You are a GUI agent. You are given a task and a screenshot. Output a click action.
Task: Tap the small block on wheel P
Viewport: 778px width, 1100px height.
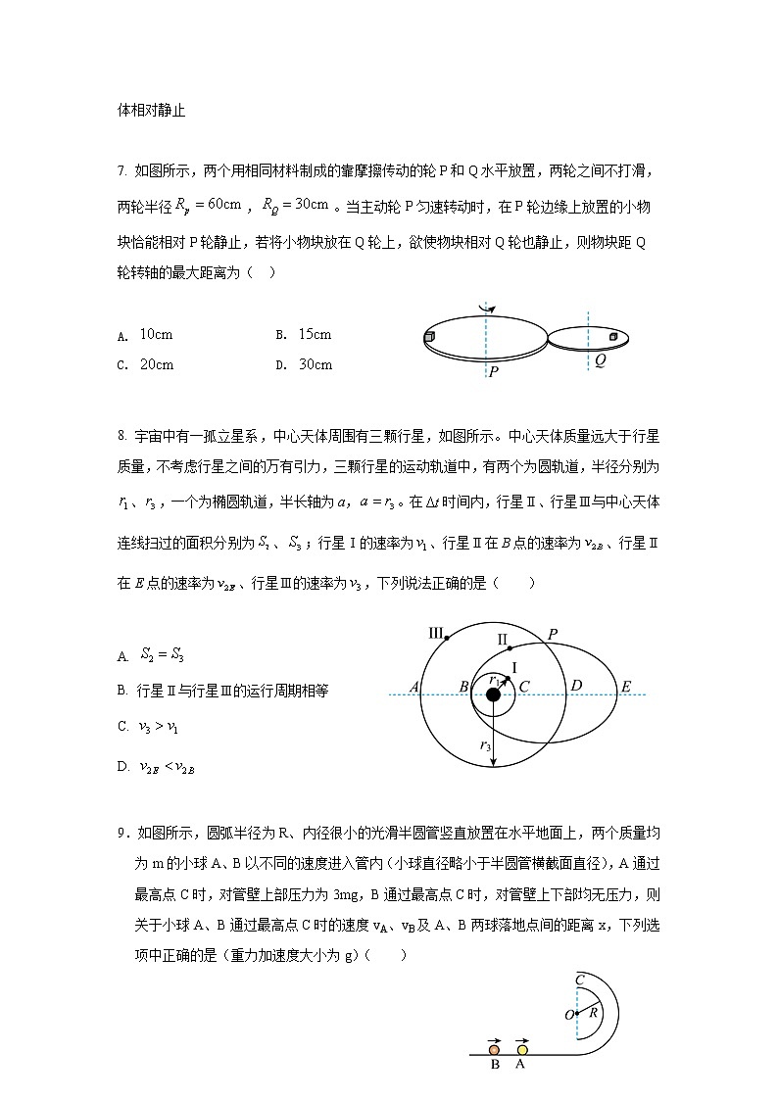[x=429, y=338]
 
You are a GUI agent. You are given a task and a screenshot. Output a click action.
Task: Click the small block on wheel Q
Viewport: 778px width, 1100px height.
[x=613, y=337]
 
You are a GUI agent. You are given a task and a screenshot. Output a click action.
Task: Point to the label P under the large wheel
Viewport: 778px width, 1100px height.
[x=493, y=373]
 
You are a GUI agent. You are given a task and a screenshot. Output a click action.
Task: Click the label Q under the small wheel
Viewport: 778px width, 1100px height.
[x=600, y=360]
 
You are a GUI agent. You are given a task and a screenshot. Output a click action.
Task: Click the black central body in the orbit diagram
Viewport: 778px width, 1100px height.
[x=493, y=694]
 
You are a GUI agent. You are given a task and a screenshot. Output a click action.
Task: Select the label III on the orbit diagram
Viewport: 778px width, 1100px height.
[x=436, y=631]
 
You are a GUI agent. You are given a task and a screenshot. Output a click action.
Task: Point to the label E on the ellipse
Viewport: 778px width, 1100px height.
[x=625, y=687]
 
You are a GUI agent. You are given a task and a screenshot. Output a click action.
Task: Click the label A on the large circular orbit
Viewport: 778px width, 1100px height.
[x=414, y=687]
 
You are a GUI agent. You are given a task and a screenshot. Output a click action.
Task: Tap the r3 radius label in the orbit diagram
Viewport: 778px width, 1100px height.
[x=485, y=746]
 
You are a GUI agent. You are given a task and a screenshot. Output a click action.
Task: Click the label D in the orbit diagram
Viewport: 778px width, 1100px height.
[x=576, y=686]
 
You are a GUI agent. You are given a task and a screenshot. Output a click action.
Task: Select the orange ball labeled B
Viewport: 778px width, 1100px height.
[x=495, y=1050]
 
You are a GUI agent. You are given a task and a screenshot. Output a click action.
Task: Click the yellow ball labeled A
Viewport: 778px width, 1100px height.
[x=521, y=1050]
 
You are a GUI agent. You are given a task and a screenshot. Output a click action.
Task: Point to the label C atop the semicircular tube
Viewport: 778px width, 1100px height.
[x=580, y=979]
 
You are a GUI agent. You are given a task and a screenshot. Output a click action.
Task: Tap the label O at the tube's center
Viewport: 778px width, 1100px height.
[x=568, y=1015]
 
